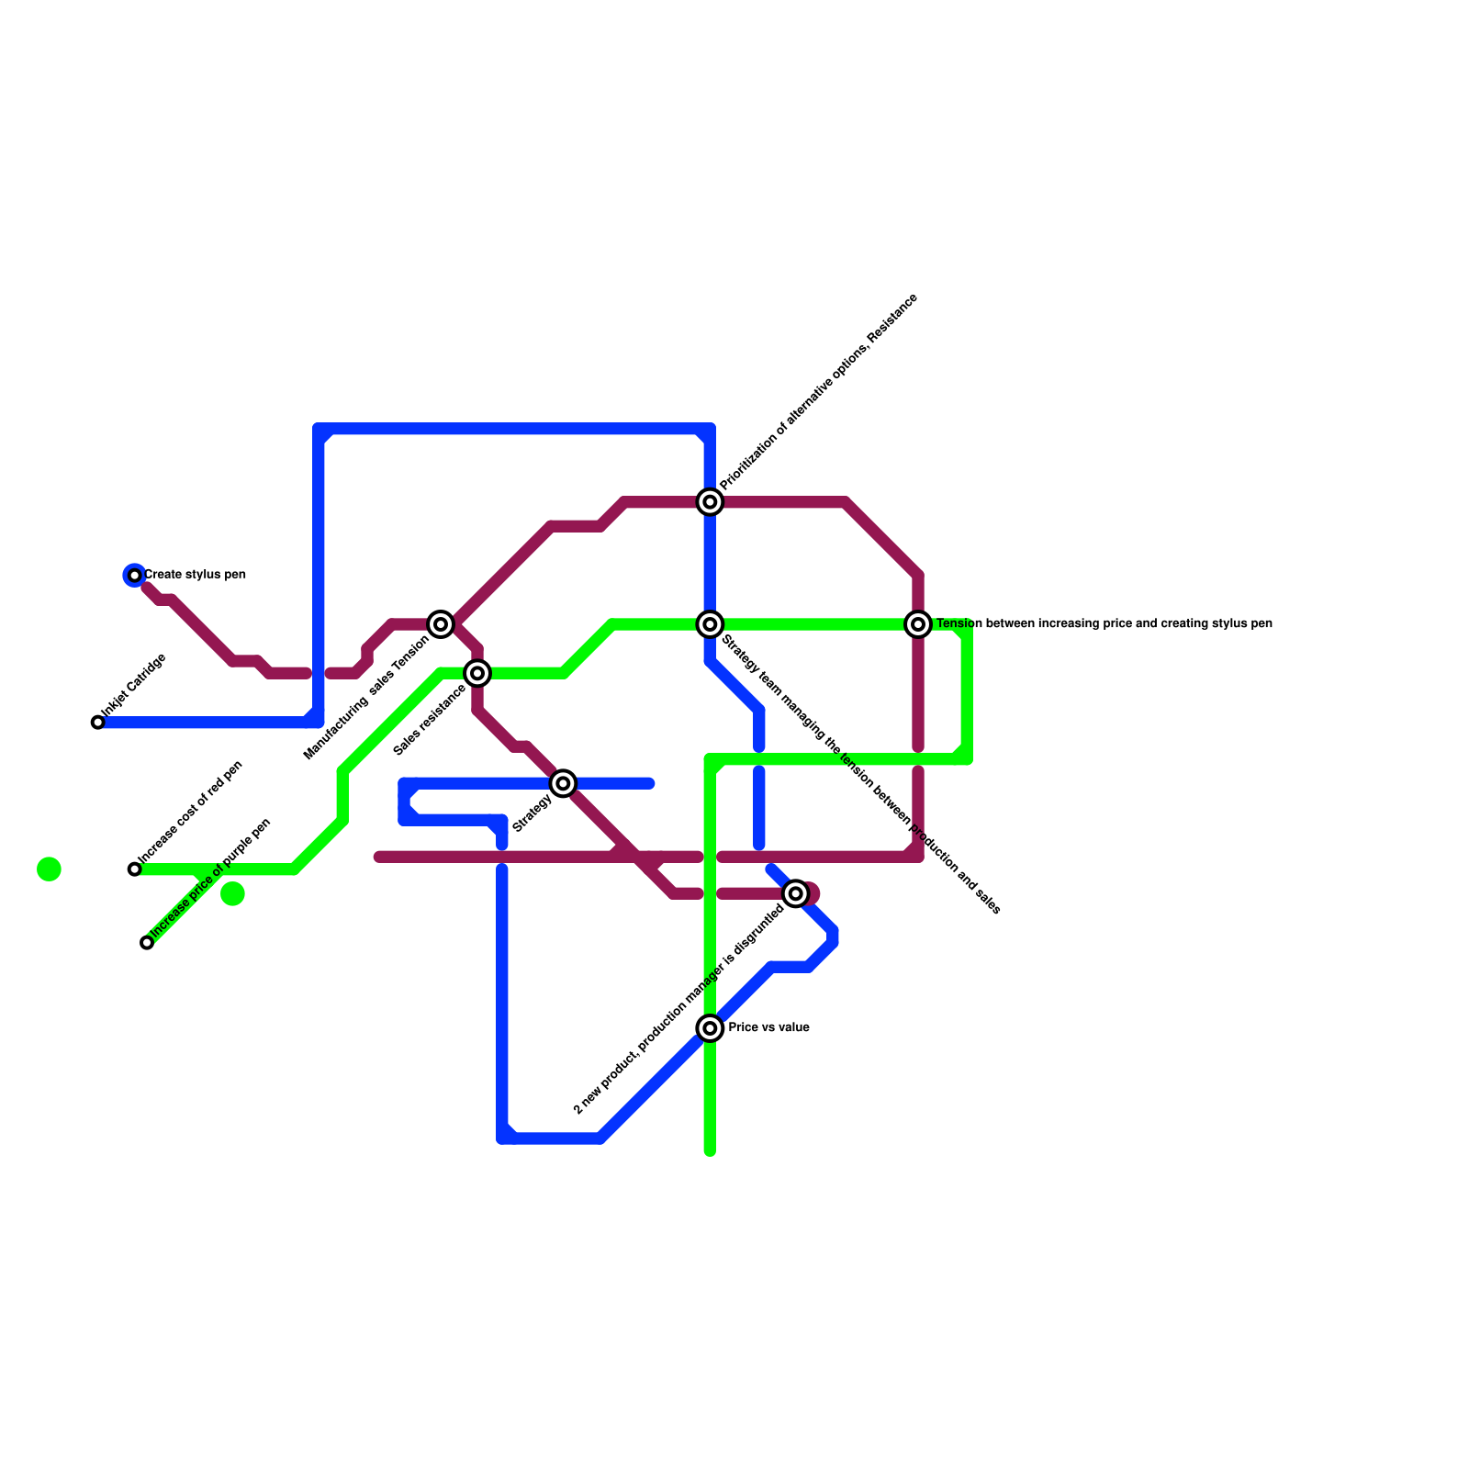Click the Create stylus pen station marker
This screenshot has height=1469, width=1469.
click(135, 576)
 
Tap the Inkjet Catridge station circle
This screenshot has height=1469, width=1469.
click(98, 723)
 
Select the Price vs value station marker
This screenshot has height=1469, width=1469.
click(710, 1028)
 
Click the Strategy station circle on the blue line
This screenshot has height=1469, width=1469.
click(564, 783)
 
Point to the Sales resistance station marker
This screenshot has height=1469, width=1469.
click(477, 674)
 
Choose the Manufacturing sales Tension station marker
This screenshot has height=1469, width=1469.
click(442, 624)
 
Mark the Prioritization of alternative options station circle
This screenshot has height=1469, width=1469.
click(710, 501)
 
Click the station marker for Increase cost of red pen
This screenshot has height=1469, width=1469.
click(135, 869)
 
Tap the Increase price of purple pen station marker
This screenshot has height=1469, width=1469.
click(147, 943)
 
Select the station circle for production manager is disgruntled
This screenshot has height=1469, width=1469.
click(796, 893)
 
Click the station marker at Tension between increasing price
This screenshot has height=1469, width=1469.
click(918, 624)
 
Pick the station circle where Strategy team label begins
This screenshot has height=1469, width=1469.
click(710, 624)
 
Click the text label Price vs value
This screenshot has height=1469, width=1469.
click(768, 1027)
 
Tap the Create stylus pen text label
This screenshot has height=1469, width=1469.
click(195, 575)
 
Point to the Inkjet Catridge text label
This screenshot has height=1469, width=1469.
click(134, 685)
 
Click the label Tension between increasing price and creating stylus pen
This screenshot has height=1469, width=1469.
click(1104, 623)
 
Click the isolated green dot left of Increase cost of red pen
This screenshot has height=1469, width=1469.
click(50, 869)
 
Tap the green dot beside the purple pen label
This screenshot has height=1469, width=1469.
click(233, 893)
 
